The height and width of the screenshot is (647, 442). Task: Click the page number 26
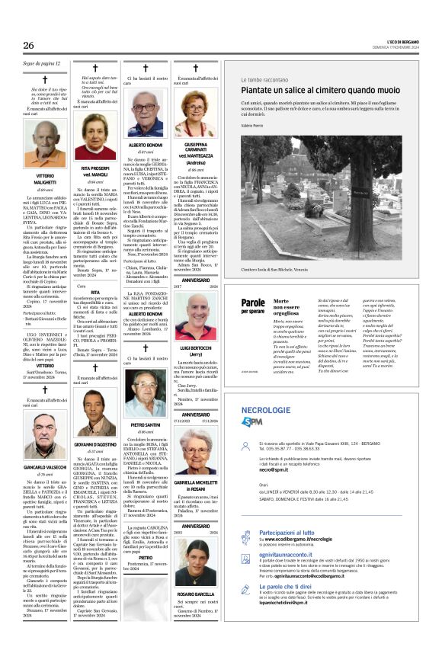29,46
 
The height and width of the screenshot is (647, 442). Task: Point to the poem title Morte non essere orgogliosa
287,306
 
